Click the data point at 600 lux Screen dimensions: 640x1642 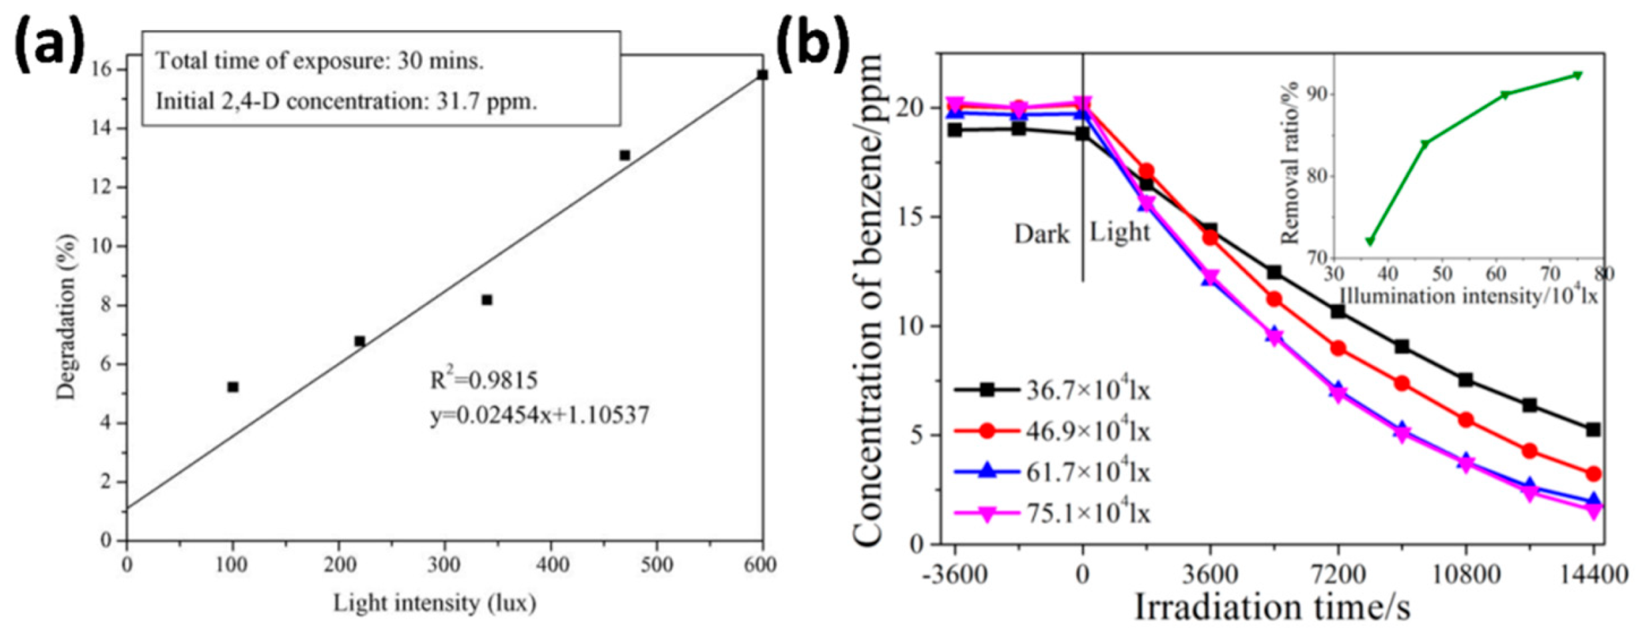[x=762, y=75]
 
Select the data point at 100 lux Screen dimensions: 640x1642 [x=232, y=387]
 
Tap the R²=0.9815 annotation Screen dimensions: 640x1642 [x=483, y=380]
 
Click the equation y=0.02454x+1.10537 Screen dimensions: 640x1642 [x=539, y=416]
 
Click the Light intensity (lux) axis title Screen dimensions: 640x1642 [x=434, y=603]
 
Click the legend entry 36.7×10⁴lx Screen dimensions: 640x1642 [x=1087, y=391]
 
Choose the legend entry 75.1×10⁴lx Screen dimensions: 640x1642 [x=1087, y=513]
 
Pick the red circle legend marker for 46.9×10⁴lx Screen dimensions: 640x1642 [x=987, y=432]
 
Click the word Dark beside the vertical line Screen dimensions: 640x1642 [x=1041, y=234]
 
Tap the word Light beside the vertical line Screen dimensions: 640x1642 [x=1119, y=232]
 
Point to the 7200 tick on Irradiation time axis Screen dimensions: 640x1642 [x=1337, y=573]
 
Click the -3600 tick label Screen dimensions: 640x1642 [x=955, y=573]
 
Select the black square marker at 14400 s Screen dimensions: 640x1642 [x=1593, y=430]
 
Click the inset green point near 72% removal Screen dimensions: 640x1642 [x=1370, y=241]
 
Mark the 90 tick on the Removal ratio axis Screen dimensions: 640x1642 [x=1318, y=95]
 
